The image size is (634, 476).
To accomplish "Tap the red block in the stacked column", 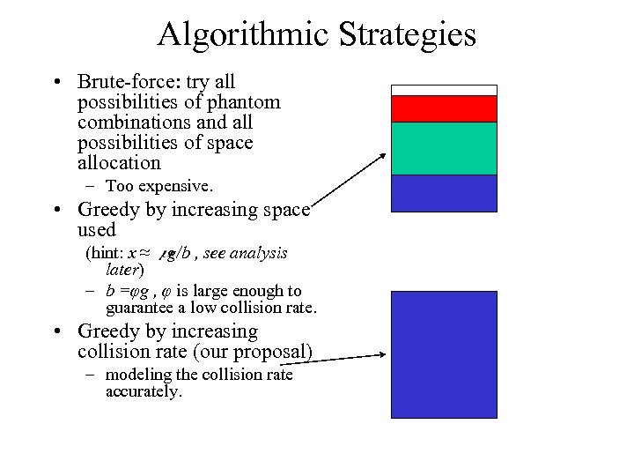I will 444,108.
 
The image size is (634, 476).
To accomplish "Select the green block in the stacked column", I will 444,148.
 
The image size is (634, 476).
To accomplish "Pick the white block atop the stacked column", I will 444,90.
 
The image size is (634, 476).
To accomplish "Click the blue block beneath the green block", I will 444,193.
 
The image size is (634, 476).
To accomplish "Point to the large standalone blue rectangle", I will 444,354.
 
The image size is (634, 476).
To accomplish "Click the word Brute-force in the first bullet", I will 125,82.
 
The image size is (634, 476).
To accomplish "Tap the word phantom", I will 244,102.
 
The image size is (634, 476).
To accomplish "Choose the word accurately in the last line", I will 142,391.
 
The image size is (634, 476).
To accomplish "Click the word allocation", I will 119,163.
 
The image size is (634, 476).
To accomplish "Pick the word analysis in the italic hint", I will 259,253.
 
